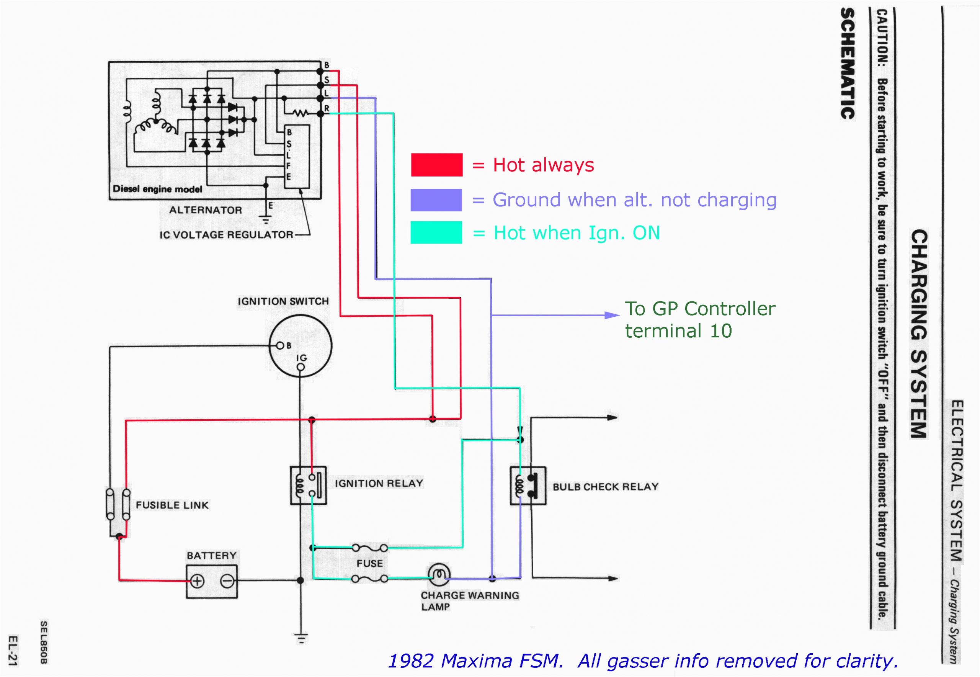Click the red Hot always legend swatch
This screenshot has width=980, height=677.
(436, 165)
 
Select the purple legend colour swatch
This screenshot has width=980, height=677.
(436, 200)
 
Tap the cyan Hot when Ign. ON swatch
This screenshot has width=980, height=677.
(436, 232)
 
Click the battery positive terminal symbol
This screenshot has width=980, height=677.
(197, 581)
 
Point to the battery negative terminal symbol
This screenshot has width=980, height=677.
(227, 581)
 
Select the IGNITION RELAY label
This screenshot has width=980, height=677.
(379, 483)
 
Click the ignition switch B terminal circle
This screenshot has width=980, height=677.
(280, 346)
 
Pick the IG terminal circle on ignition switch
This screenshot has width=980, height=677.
(301, 367)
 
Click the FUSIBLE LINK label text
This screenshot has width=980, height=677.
(172, 505)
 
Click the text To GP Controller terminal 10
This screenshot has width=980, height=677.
(699, 320)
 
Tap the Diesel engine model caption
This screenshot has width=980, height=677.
(157, 189)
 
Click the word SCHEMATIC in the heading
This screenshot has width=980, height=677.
(847, 64)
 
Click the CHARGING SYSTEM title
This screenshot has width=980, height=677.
(918, 334)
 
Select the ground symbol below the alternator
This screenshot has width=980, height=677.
(266, 220)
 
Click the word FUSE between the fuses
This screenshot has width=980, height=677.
(369, 563)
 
